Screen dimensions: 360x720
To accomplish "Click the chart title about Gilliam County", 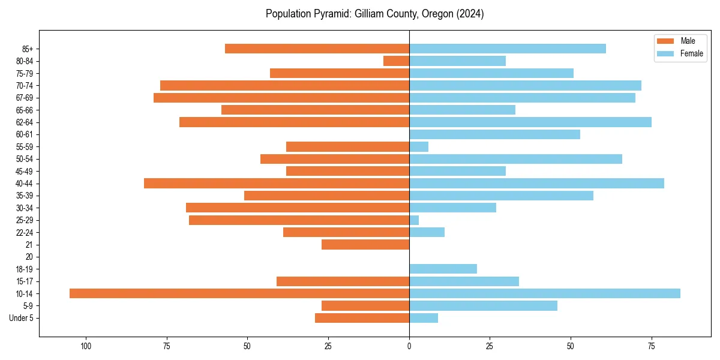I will [x=374, y=14].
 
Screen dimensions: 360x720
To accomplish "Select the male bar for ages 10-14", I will [x=239, y=293].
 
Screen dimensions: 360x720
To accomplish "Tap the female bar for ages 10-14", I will [x=545, y=293].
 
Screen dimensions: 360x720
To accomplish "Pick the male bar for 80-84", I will [x=396, y=61].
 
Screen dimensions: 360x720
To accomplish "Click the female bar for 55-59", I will [x=419, y=146].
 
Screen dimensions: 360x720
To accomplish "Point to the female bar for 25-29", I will [x=414, y=220].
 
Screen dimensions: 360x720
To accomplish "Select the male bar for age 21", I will [x=365, y=244].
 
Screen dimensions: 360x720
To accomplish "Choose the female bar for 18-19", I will [x=443, y=269].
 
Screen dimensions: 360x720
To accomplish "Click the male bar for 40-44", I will [x=277, y=183].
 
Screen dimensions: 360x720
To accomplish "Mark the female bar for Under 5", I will [x=424, y=318].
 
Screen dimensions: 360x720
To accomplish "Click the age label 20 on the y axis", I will [x=29, y=257].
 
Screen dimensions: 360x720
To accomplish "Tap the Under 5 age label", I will [x=22, y=318].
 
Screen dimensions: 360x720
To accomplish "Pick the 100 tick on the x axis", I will [x=86, y=346].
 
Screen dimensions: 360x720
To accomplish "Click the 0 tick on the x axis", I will [x=409, y=346].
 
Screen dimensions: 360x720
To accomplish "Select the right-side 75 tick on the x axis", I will [x=652, y=346].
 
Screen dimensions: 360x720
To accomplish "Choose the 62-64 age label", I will [x=25, y=122].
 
